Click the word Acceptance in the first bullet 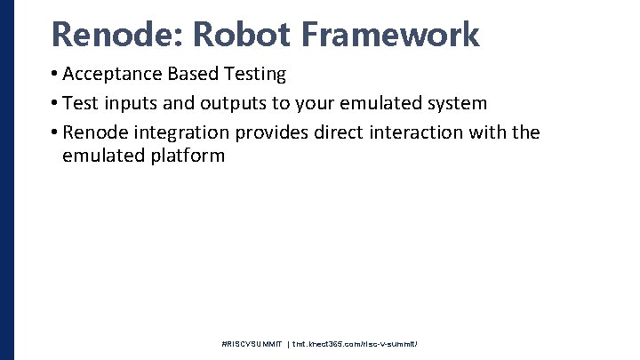coord(112,74)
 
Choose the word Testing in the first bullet coord(254,74)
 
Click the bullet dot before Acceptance coord(54,75)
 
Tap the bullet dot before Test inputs coord(54,103)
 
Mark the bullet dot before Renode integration coord(54,132)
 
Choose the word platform coord(188,156)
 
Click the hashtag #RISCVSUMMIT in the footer coord(252,343)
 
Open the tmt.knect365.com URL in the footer coord(356,343)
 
